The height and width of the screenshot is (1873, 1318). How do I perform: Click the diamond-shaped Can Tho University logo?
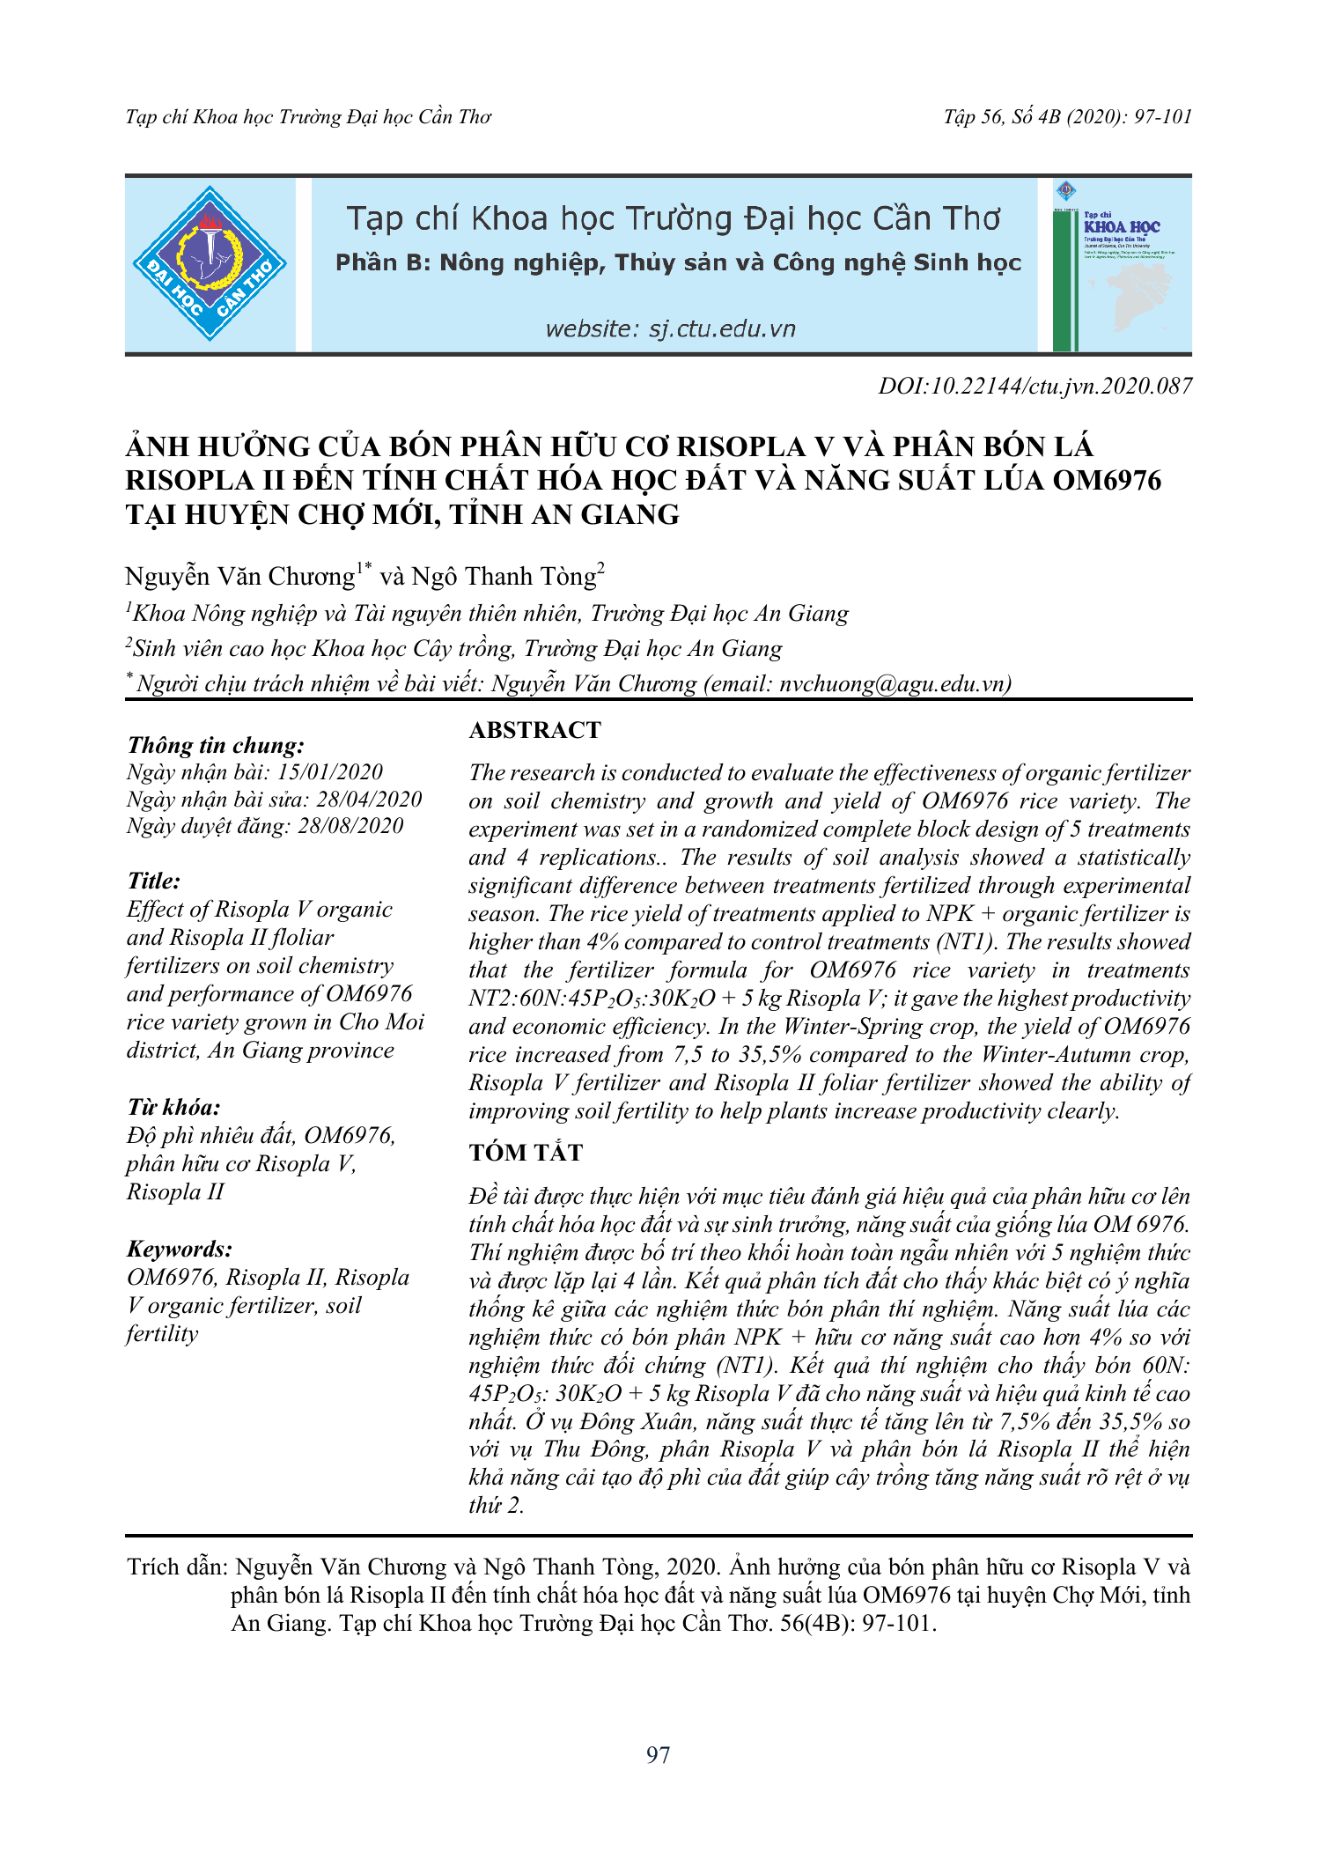tap(210, 263)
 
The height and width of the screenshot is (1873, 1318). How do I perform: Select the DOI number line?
tap(1035, 387)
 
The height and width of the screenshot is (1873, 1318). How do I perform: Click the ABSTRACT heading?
tap(534, 730)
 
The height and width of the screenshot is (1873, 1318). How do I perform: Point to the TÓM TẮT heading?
tap(526, 1153)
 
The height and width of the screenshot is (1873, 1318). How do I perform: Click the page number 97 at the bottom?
tap(658, 1755)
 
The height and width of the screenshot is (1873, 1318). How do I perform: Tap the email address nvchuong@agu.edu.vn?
tap(893, 684)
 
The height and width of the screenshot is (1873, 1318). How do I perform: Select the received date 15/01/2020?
tap(330, 772)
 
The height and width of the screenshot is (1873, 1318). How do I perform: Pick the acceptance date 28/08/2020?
tap(350, 826)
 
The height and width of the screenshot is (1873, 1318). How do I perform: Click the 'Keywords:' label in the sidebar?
tap(180, 1249)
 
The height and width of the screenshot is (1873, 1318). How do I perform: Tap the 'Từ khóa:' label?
tap(173, 1108)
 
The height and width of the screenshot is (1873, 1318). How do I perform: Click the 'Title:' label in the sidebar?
tap(154, 881)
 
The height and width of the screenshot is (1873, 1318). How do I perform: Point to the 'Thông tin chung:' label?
tap(216, 746)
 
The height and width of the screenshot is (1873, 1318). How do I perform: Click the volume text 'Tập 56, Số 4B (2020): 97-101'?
tap(1067, 117)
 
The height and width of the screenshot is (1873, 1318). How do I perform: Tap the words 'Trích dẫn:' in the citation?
tap(177, 1567)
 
